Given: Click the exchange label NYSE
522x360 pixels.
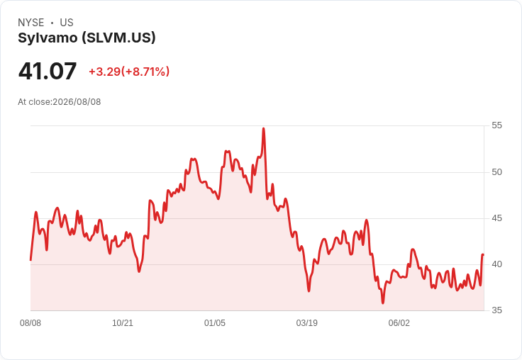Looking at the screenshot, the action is pos(31,23).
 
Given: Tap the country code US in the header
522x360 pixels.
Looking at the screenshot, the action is pos(67,23).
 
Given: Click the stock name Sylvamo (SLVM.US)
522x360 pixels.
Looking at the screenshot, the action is pos(87,38).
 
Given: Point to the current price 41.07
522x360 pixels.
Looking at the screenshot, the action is pos(48,71).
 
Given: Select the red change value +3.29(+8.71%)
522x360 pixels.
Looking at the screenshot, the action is pos(129,72).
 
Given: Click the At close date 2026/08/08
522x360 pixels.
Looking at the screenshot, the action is pos(77,102).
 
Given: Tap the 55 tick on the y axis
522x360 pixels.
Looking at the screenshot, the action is pos(496,125).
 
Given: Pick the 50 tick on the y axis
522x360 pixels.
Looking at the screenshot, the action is pos(496,172).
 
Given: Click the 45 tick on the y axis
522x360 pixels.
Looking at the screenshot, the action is pos(496,218).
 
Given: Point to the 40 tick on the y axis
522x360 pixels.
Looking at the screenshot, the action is pos(496,264).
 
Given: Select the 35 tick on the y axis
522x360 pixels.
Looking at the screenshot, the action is pos(496,310).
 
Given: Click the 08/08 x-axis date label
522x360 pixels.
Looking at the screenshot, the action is pos(30,323).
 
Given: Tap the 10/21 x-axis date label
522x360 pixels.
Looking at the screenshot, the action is pos(123,323).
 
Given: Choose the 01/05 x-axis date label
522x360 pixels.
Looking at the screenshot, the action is pos(215,323).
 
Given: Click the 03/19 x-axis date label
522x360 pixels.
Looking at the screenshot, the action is pos(307,323).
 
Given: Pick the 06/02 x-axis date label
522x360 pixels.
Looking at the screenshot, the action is pos(399,323).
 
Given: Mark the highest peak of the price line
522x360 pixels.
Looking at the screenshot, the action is pos(264,128).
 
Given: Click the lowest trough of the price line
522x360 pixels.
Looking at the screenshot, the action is pos(383,303).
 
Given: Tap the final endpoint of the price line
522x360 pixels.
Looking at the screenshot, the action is pos(483,254).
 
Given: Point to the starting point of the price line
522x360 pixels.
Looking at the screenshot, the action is pos(30,260).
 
